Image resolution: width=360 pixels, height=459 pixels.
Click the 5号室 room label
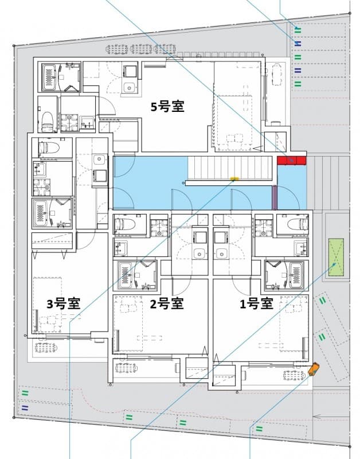(167, 107)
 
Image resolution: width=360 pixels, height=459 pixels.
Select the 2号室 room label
(167, 304)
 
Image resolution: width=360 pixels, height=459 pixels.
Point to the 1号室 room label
(256, 304)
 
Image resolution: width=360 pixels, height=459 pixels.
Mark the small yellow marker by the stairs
(234, 179)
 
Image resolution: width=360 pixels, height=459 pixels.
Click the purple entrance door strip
(275, 197)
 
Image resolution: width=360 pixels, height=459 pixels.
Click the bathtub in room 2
(127, 274)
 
